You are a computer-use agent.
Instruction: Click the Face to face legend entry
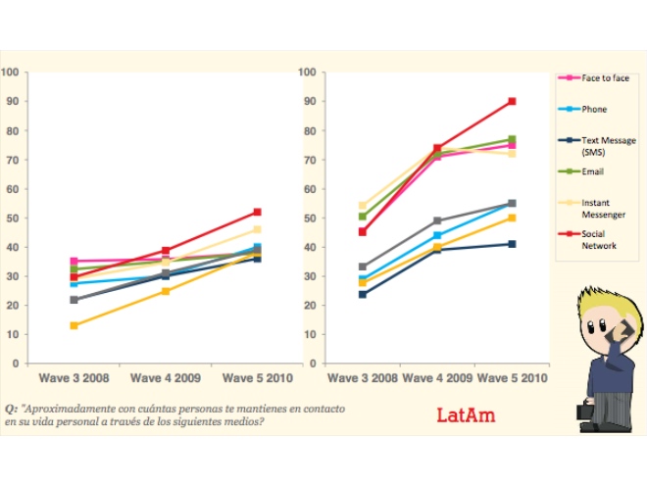point(606,77)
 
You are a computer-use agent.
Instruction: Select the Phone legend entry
point(594,109)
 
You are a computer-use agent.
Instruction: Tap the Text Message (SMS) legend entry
point(608,145)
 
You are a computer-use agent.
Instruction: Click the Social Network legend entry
point(599,241)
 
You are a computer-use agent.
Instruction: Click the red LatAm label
point(466,415)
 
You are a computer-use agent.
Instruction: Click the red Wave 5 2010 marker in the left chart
point(257,212)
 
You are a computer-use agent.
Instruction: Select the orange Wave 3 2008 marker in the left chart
point(75,325)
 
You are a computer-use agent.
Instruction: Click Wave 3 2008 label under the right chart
point(363,377)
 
